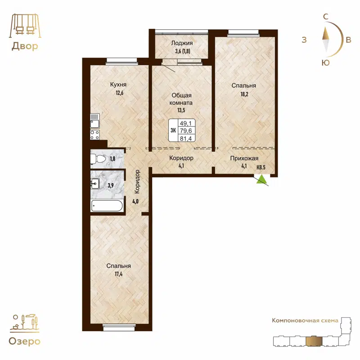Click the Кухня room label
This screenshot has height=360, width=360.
tap(118, 84)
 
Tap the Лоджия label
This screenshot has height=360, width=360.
tap(182, 43)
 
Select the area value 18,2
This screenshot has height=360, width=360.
tap(244, 94)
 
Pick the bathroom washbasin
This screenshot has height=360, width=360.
tap(95, 183)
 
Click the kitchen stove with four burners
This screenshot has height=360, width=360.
tap(94, 134)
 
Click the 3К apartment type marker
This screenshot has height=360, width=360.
tap(173, 130)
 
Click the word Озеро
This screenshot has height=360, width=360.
tap(24, 341)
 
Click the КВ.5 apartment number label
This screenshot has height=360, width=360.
tap(261, 167)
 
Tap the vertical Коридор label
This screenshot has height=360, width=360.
tap(138, 182)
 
